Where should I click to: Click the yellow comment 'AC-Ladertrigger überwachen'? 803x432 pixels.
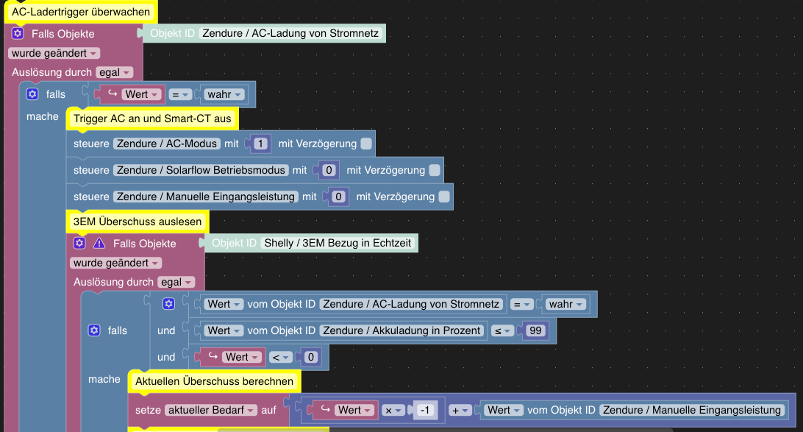point(81,12)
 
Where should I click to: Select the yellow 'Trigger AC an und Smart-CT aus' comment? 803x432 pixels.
point(152,118)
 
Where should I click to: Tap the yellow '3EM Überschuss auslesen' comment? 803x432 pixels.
point(137,222)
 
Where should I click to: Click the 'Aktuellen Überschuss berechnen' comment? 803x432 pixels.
point(215,380)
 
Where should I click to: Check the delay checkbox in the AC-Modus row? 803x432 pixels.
point(366,144)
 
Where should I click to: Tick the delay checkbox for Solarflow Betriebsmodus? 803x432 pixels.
point(435,170)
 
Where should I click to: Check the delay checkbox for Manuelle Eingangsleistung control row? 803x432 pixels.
point(444,196)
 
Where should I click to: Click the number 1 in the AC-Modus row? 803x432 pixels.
point(260,144)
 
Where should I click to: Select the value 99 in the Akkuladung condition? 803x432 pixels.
point(535,330)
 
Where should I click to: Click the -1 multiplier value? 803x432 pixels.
point(424,410)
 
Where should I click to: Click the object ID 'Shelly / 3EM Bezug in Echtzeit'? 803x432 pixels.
point(339,243)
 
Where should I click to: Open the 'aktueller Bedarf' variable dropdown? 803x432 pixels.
point(212,410)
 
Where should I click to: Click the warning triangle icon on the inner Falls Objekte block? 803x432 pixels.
point(99,243)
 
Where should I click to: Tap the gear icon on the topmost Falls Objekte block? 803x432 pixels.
point(18,34)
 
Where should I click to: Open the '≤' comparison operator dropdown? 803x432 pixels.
point(502,330)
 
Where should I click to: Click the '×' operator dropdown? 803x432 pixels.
point(391,410)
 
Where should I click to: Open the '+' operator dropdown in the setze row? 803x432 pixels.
point(460,410)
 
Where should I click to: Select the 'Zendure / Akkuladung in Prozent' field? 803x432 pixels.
point(402,330)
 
